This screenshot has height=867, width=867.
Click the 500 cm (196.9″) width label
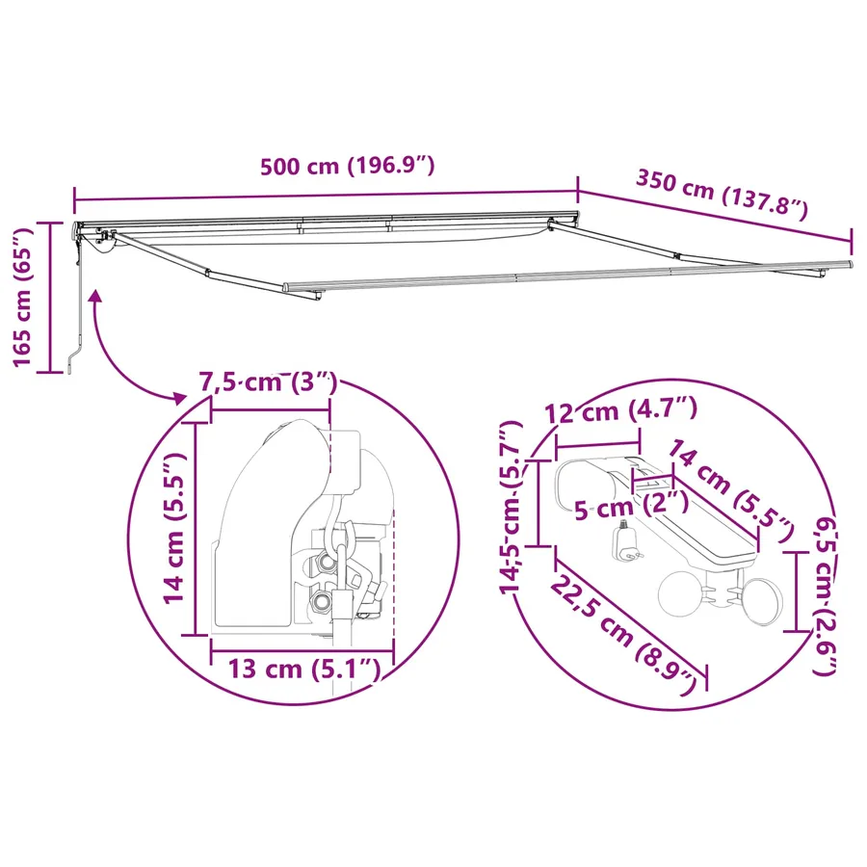347,166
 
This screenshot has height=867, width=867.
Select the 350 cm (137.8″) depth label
722,195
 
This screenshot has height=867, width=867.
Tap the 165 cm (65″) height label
23,297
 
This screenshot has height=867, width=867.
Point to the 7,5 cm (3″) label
268,382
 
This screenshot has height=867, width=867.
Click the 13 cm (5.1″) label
304,669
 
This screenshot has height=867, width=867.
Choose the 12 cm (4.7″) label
621,410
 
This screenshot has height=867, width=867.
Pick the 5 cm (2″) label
631,506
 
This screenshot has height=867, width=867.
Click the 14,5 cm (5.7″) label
512,507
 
